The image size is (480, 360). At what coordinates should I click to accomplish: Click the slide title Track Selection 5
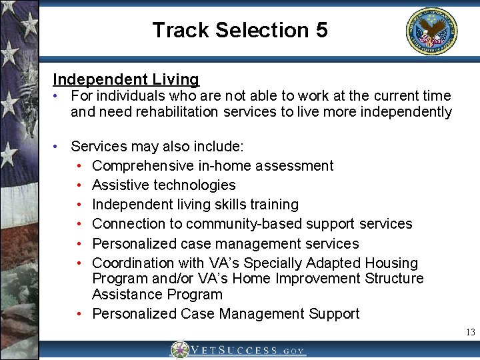click(x=239, y=30)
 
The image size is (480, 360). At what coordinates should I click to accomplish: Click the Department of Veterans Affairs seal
click(x=431, y=31)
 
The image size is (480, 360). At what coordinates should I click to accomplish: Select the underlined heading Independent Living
click(x=126, y=79)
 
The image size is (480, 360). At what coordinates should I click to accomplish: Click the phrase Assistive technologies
click(x=164, y=185)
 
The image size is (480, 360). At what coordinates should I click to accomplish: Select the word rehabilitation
click(x=177, y=112)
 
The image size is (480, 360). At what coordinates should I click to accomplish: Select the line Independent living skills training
click(x=195, y=204)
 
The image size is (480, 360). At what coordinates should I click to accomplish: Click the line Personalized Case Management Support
click(x=226, y=313)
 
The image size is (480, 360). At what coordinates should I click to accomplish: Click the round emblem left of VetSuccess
click(x=179, y=350)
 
